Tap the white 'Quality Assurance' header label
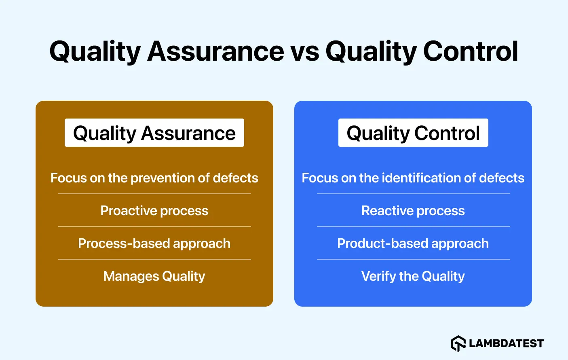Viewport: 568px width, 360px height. point(154,133)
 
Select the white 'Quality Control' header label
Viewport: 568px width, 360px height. point(413,133)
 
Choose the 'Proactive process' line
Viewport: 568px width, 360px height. point(154,211)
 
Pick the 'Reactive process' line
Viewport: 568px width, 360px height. point(413,211)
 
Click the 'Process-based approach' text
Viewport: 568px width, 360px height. point(154,244)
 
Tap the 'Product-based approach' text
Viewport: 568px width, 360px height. point(413,244)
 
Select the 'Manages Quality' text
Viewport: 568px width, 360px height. point(154,276)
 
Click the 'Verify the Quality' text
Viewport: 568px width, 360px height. point(413,276)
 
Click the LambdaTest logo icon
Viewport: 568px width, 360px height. point(458,343)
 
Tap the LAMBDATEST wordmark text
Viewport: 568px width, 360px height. point(506,343)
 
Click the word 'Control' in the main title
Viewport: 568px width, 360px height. point(470,52)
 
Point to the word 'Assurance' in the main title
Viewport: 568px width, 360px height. point(215,52)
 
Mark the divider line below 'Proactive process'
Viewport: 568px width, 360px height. point(154,227)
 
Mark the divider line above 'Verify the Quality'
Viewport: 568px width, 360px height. point(413,259)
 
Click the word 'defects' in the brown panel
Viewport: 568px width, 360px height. point(235,178)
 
